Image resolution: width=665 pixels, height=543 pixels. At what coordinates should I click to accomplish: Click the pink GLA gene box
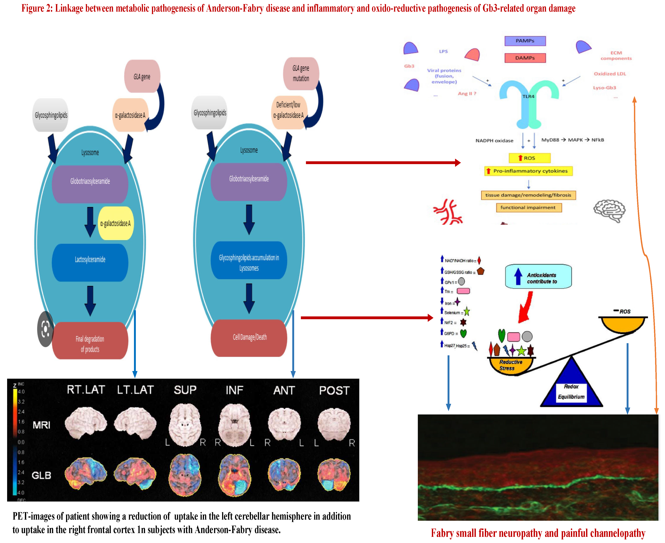point(142,76)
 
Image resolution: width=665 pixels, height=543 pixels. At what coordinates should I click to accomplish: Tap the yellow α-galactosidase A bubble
point(116,223)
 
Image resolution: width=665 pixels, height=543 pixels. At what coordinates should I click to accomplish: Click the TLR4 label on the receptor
point(528,96)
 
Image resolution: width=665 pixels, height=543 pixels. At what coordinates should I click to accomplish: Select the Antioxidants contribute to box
point(538,277)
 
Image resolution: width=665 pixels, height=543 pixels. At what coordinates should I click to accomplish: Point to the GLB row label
point(41,475)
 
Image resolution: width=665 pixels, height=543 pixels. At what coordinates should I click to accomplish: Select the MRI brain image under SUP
point(185,424)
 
